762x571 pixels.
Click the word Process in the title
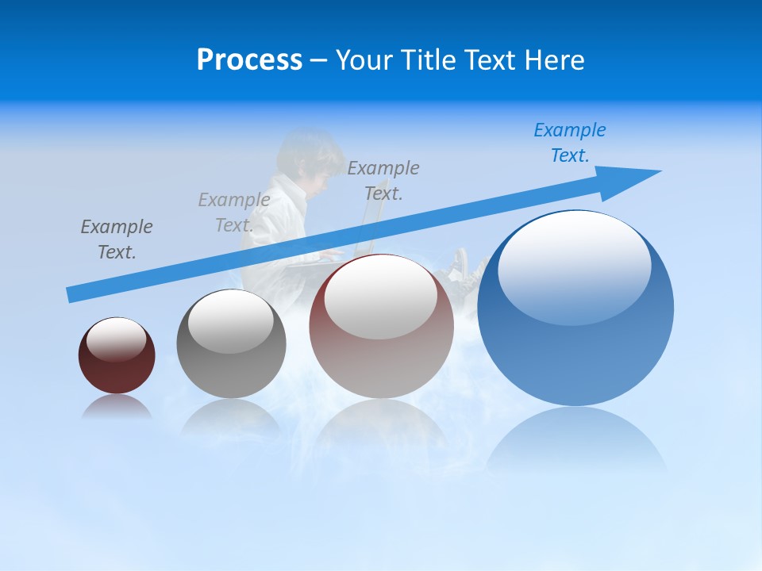point(249,60)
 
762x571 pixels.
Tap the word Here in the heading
point(556,60)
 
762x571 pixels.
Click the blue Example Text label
point(570,142)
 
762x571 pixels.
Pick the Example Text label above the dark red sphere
point(117,239)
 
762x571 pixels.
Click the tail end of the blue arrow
point(73,294)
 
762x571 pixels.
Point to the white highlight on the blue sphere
point(574,266)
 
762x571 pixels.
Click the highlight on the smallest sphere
point(117,339)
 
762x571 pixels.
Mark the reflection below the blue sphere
point(576,440)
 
